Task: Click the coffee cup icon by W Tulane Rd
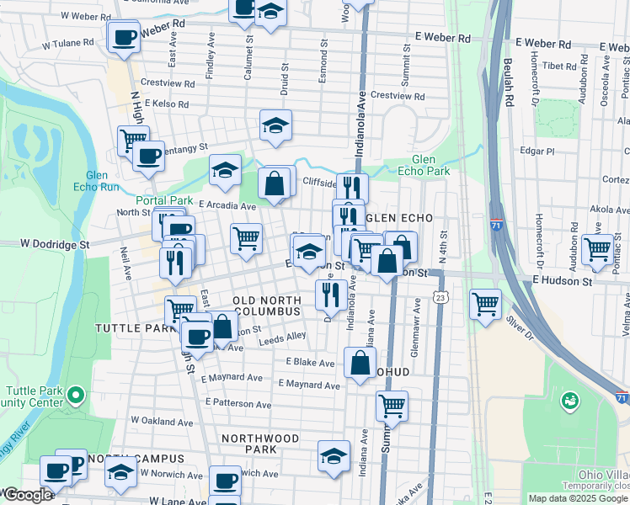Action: click(x=124, y=38)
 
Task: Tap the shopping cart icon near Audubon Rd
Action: click(x=597, y=249)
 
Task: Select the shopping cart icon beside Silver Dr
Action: click(x=485, y=304)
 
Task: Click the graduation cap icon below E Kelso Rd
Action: click(x=275, y=125)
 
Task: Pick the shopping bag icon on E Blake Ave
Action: click(x=360, y=364)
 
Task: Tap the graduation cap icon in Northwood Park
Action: click(x=334, y=456)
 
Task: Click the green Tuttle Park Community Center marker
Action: click(x=75, y=394)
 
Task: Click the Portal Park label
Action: click(x=163, y=200)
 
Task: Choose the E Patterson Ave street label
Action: click(x=240, y=404)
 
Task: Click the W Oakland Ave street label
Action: click(x=162, y=421)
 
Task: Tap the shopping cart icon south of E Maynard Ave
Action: click(x=392, y=407)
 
